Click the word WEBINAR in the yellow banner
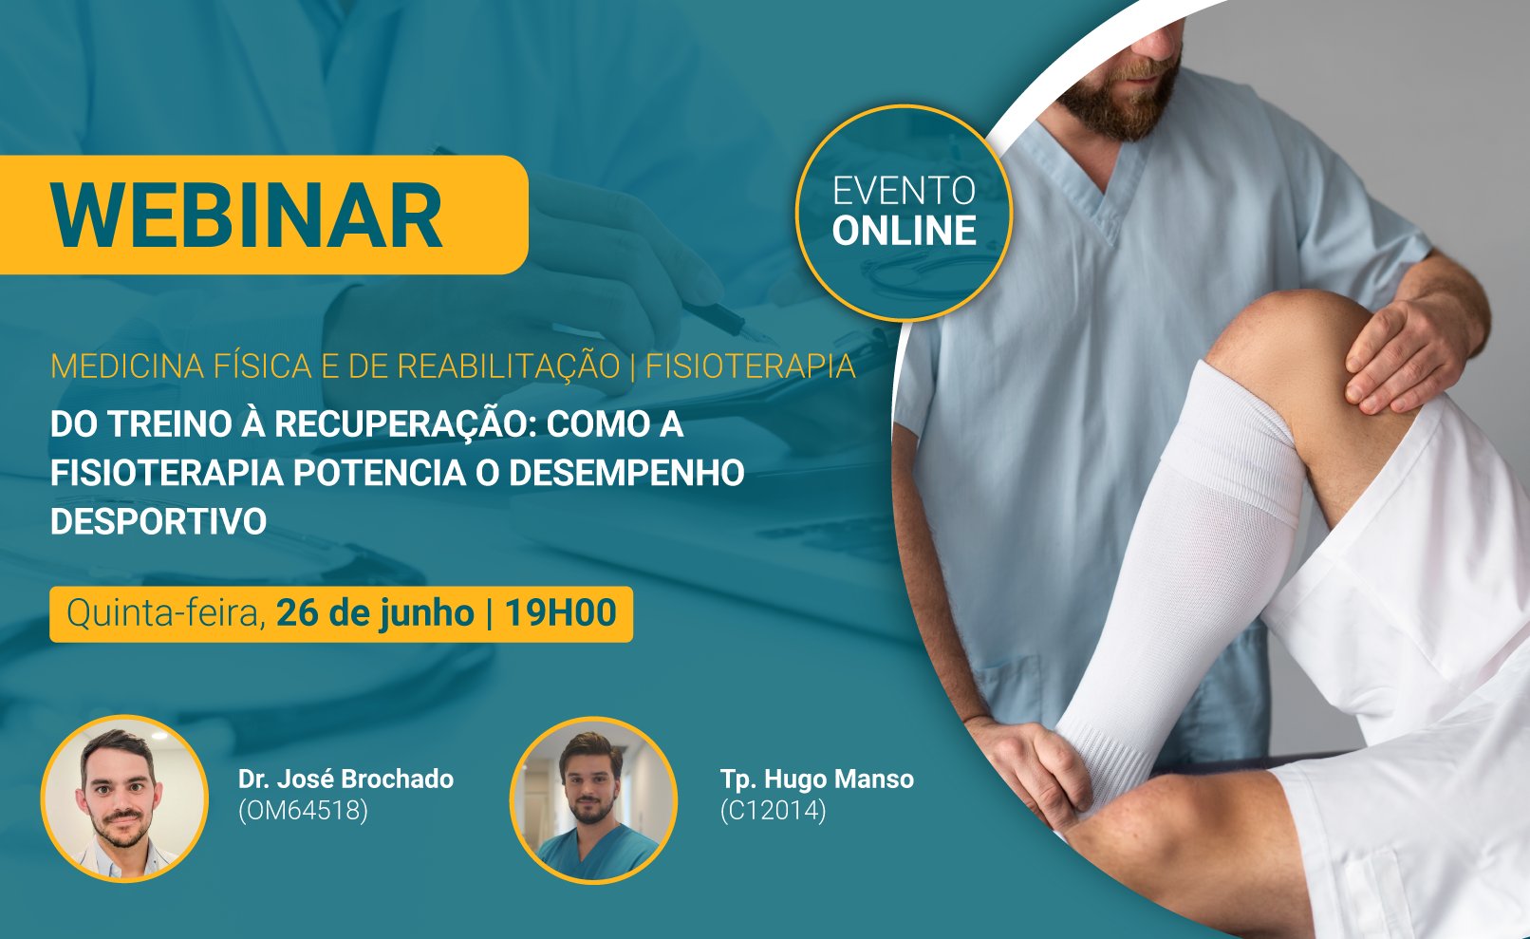pyautogui.click(x=247, y=216)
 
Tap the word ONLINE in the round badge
pyautogui.click(x=905, y=231)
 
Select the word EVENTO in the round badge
pyautogui.click(x=905, y=191)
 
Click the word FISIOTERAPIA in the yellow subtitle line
pyautogui.click(x=751, y=366)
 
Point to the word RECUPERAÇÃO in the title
pyautogui.click(x=401, y=423)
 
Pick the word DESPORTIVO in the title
pyautogui.click(x=159, y=521)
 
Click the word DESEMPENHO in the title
pyautogui.click(x=626, y=473)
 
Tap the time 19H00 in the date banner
pyautogui.click(x=561, y=612)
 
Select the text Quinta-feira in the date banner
pyautogui.click(x=166, y=613)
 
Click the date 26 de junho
pyautogui.click(x=375, y=613)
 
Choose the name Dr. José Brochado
pyautogui.click(x=345, y=779)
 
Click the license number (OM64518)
pyautogui.click(x=304, y=811)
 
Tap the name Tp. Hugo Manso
pyautogui.click(x=817, y=779)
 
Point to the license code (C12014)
pyautogui.click(x=774, y=811)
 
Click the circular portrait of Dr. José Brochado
pyautogui.click(x=124, y=798)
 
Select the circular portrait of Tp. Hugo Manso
pyautogui.click(x=593, y=799)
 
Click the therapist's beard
pyautogui.click(x=1120, y=96)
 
